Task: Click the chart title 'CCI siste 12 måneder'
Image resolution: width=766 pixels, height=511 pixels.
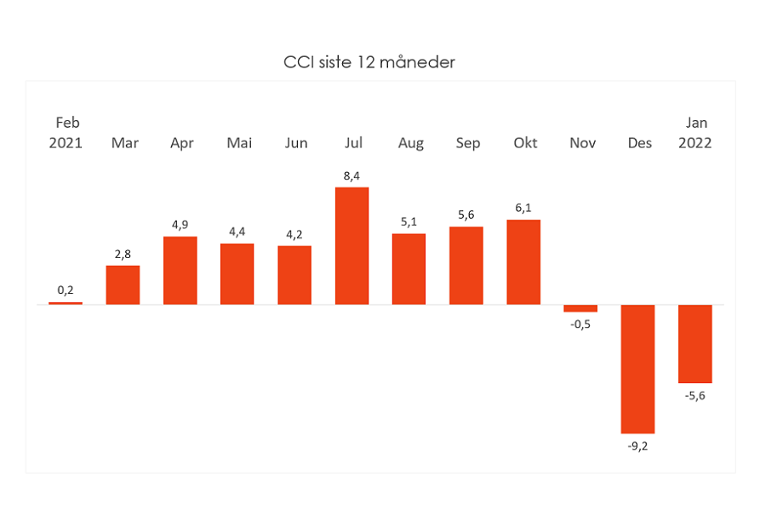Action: click(369, 62)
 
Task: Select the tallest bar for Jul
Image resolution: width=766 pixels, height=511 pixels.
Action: click(352, 246)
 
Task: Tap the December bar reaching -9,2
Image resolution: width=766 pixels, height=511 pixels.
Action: click(637, 369)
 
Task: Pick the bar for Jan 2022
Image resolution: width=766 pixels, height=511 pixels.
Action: click(695, 344)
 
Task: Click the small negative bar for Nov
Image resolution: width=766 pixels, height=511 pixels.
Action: click(580, 308)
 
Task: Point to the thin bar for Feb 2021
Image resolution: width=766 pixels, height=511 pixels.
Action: click(66, 303)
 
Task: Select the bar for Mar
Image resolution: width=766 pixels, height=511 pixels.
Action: click(123, 285)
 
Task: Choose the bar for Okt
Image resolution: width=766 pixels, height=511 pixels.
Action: click(523, 262)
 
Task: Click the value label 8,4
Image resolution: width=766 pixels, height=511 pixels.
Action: click(352, 176)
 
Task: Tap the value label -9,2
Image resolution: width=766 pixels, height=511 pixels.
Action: click(637, 446)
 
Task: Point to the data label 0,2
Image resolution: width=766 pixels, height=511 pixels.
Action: click(66, 290)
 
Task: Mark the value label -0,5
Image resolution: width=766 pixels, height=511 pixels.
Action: click(580, 324)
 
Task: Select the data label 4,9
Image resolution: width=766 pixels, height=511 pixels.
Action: click(180, 225)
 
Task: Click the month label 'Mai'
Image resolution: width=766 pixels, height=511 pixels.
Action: click(239, 143)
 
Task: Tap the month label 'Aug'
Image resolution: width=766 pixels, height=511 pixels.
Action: click(411, 143)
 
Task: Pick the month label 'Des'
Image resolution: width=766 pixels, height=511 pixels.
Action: click(639, 143)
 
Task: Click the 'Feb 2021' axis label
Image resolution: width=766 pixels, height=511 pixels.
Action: click(66, 133)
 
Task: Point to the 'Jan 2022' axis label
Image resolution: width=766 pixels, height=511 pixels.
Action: click(695, 133)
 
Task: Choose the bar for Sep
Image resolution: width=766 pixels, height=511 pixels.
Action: click(466, 266)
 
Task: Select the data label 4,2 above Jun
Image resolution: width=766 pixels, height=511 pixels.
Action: click(294, 235)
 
